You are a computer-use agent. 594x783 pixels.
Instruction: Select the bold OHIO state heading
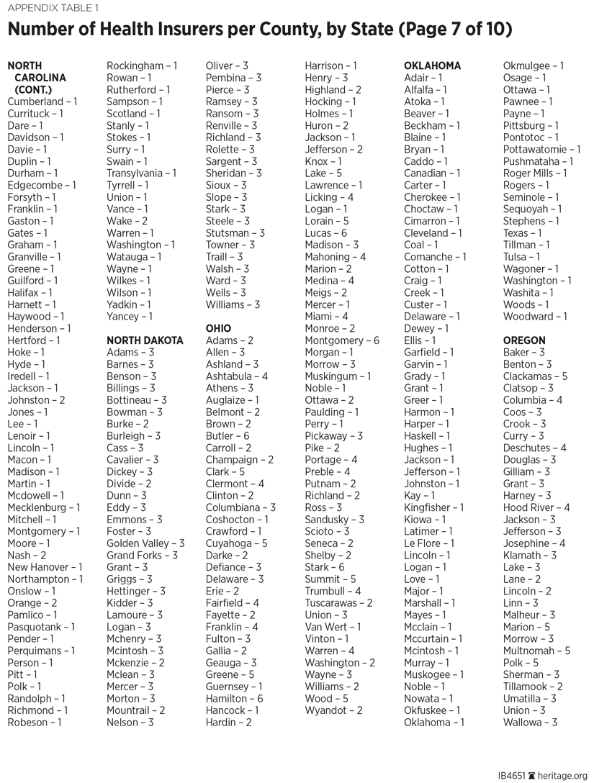click(218, 328)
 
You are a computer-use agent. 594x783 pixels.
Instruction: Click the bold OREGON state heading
click(524, 340)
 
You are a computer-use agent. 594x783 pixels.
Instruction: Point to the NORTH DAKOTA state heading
click(145, 340)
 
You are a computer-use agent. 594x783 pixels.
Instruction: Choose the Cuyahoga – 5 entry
click(236, 543)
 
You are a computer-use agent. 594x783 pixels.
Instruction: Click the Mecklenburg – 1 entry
click(44, 507)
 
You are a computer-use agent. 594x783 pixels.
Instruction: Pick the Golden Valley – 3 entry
click(145, 543)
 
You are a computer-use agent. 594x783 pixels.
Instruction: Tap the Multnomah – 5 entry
click(536, 651)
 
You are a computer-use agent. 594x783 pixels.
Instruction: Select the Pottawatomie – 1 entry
click(541, 150)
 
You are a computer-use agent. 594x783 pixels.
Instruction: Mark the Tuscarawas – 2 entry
click(338, 603)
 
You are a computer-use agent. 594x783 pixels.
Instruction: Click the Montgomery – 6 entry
click(342, 340)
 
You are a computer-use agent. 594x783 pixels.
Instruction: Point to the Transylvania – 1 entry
click(141, 173)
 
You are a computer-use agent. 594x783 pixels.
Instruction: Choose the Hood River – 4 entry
click(536, 507)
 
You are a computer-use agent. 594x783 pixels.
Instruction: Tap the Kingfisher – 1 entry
click(434, 507)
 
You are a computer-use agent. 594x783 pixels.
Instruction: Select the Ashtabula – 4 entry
click(237, 376)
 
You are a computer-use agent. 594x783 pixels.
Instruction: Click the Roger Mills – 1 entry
click(535, 173)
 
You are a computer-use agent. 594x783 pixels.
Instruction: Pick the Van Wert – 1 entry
click(333, 627)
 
